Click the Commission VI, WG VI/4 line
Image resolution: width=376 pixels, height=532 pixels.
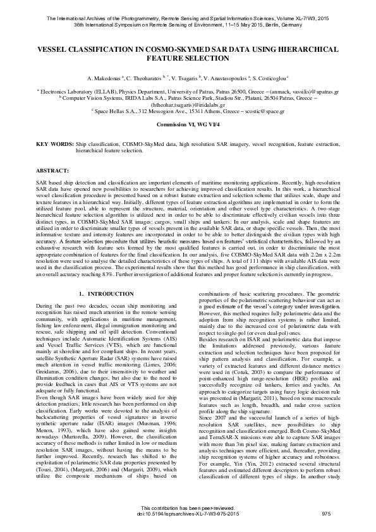point(188,125)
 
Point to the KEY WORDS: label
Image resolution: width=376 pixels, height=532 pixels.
point(55,145)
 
